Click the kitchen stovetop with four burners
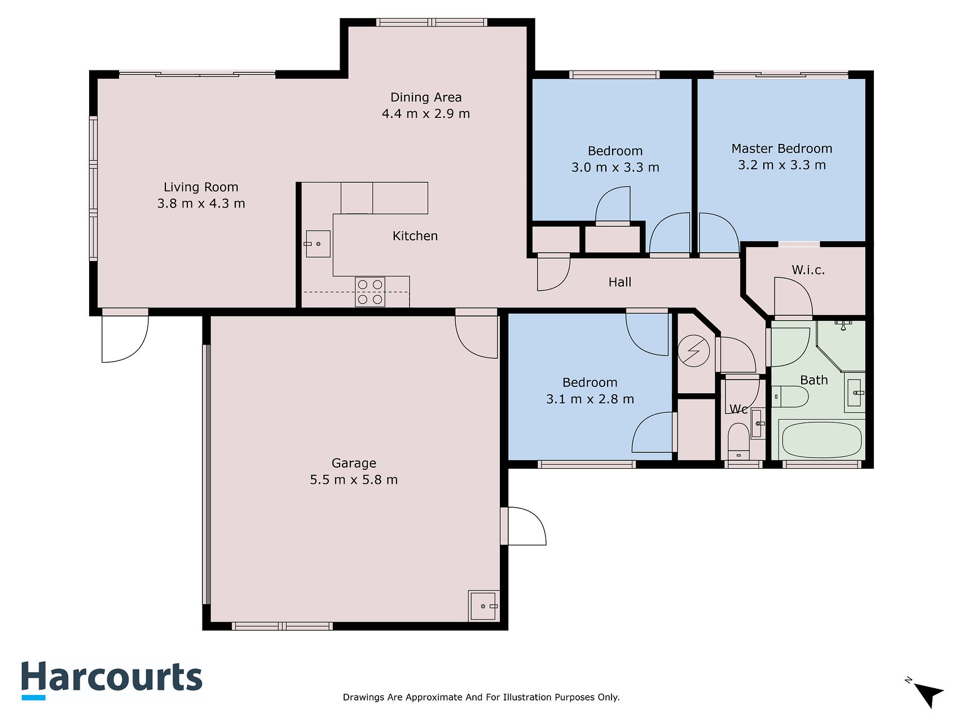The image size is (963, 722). pos(370,292)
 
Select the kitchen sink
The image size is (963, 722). pos(318,244)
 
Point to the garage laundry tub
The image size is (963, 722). pos(483,606)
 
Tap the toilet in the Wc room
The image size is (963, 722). pos(738,442)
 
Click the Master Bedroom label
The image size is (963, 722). pos(782,149)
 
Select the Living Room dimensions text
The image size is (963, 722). pos(201,204)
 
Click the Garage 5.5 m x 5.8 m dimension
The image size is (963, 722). pos(354,480)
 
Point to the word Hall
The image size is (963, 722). pos(619,282)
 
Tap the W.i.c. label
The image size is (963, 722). pos(808,270)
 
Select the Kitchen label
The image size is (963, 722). pos(415,236)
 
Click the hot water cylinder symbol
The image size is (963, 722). pos(694,351)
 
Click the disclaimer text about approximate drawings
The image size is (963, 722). pos(481,697)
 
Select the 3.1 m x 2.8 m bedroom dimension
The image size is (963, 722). pos(590,399)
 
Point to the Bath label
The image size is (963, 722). pos(814,380)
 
